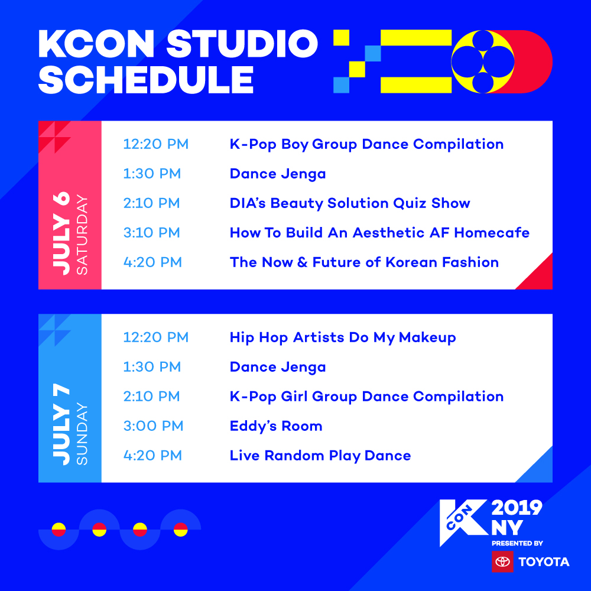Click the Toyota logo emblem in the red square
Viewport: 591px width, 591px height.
[502, 561]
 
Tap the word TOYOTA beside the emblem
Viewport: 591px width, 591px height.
[544, 561]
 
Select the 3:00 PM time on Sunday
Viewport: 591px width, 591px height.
[153, 426]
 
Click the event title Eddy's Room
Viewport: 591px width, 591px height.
[276, 426]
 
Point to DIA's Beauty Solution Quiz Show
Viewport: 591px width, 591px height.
[350, 203]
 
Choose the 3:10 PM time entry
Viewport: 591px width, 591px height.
[151, 232]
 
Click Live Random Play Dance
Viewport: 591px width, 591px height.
[320, 456]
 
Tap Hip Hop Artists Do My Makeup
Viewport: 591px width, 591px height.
[343, 337]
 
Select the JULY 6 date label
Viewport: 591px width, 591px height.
[61, 233]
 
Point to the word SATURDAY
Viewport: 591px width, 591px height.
[82, 235]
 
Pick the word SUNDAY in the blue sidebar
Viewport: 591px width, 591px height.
[82, 434]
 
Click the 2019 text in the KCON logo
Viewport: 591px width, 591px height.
[517, 508]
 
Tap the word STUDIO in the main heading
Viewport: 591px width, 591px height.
[242, 44]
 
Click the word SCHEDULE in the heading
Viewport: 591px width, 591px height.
[146, 80]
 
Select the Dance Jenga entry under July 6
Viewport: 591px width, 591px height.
[278, 174]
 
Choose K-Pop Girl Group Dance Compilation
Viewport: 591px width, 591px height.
[367, 397]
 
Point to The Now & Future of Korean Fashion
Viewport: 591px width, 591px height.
[364, 262]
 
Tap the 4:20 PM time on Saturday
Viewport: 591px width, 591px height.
[152, 262]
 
